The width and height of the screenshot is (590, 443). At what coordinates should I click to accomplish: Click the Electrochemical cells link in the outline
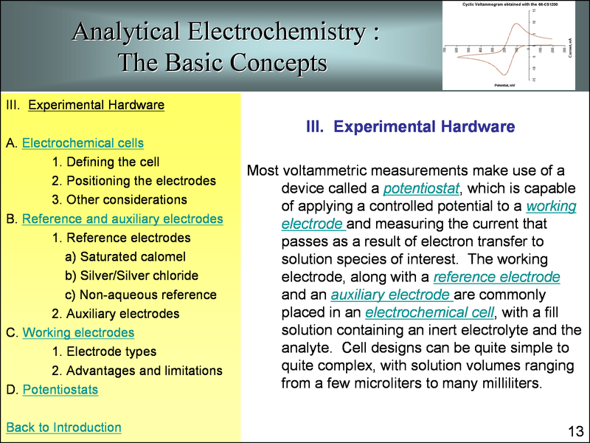pos(83,142)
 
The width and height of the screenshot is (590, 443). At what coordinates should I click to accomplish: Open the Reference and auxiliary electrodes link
pos(122,219)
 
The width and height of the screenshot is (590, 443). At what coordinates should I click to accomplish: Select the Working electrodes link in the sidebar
pos(78,332)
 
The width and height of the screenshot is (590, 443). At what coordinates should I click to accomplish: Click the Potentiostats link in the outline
pos(60,389)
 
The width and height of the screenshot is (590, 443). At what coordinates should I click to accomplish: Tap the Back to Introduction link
pos(63,427)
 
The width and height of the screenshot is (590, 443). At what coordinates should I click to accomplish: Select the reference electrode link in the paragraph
pos(496,278)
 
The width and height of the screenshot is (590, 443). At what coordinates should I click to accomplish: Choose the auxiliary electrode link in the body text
pos(389,295)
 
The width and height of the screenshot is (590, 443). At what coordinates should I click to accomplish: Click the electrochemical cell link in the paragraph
pos(428,312)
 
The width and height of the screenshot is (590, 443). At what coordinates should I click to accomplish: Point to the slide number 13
pos(575,430)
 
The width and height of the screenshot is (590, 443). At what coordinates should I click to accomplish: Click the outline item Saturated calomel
pos(132,257)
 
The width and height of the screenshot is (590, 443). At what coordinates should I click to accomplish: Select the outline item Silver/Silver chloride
pos(139,275)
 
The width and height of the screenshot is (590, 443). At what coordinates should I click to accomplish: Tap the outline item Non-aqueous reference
pos(147,295)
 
